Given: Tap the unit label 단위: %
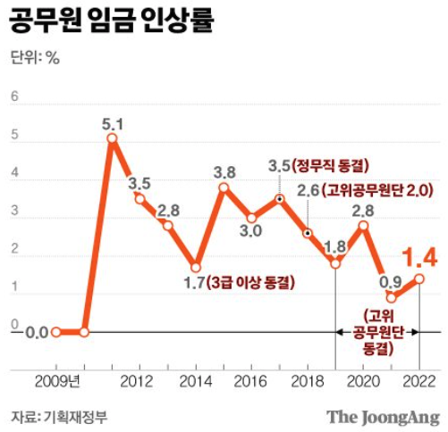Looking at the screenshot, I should pos(35,59).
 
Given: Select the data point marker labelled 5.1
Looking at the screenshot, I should pos(112,138).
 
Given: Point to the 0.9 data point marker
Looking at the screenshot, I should pos(391,297).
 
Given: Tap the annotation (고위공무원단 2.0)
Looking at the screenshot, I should pos(377,190).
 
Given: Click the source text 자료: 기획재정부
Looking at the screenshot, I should pos(54,416).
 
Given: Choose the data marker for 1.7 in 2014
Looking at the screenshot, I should pos(196,267).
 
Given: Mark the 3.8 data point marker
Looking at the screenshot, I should pos(224,187).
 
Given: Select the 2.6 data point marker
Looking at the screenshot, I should pos(308,233).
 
